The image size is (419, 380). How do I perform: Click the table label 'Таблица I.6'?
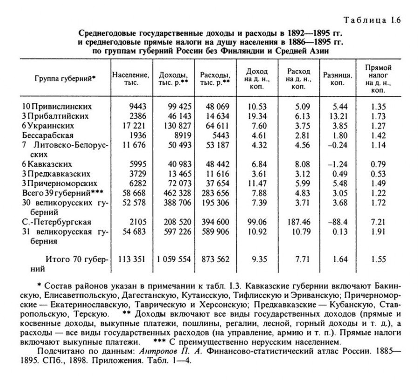[372, 20]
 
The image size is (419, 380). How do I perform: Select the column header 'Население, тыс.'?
[130, 79]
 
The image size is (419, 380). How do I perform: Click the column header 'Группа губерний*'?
[65, 78]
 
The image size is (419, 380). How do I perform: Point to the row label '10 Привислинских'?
[57, 106]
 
